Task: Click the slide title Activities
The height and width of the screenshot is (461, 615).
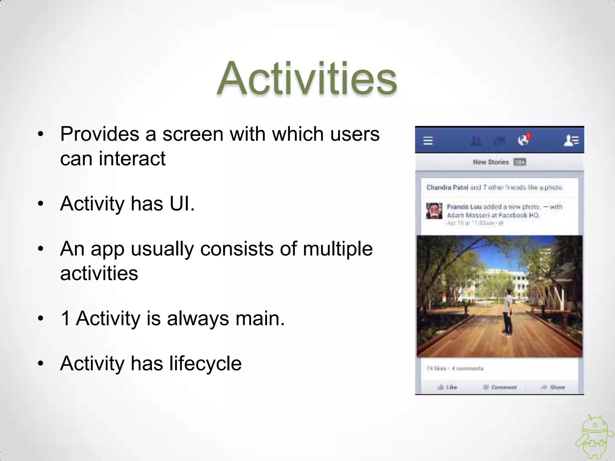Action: [307, 79]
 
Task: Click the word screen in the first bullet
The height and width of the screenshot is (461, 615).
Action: [193, 134]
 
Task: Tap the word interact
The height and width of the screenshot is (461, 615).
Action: [132, 158]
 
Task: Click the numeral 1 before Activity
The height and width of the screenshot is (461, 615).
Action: [65, 318]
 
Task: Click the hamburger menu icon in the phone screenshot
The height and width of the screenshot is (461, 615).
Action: [428, 140]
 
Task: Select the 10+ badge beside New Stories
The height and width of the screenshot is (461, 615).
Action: [520, 162]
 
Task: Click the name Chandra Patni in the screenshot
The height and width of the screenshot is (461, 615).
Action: [447, 188]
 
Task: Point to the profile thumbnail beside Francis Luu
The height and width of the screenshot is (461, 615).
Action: [434, 211]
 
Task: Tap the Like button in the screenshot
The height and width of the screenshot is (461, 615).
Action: [447, 387]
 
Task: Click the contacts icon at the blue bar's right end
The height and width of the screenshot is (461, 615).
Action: [571, 140]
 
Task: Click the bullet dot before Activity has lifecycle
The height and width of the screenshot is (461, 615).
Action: [41, 364]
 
